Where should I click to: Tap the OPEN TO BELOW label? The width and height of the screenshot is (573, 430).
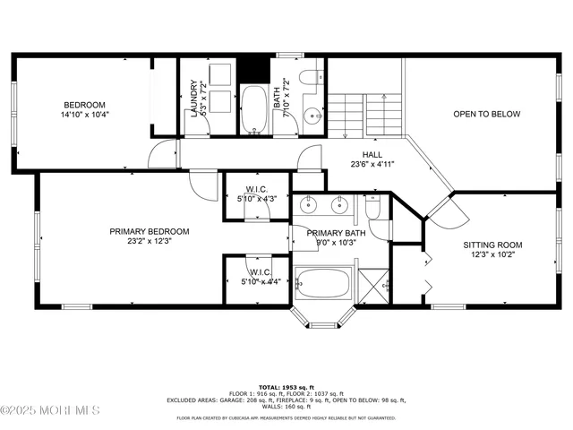tap(486, 114)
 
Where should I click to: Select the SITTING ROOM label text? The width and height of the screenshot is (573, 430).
tap(492, 245)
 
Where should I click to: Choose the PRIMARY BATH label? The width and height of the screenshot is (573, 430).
tap(331, 233)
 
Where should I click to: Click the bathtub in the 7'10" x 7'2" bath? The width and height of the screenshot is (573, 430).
tap(254, 109)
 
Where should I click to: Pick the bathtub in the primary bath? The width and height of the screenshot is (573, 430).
tap(324, 283)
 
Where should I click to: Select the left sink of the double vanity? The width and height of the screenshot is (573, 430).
tap(309, 205)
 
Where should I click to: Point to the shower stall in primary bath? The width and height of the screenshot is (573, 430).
tap(374, 285)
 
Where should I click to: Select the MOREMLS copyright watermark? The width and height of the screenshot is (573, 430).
tap(50, 410)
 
